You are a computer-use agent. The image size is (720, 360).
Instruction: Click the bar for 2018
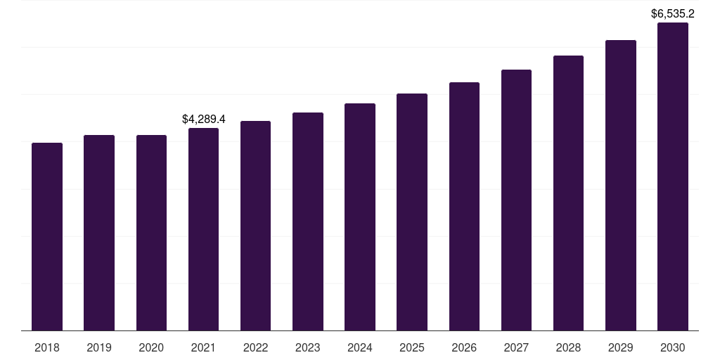(47, 236)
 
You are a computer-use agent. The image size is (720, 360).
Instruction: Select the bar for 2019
(99, 233)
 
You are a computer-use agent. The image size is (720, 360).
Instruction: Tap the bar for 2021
(203, 229)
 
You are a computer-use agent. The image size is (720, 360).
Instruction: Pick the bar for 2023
(308, 221)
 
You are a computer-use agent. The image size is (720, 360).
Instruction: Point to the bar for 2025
(412, 212)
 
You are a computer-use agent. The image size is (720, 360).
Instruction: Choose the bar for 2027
(516, 200)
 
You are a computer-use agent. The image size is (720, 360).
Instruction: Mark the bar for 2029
(621, 185)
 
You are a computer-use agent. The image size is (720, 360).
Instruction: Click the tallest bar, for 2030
(673, 176)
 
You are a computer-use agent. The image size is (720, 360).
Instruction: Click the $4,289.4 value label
(203, 119)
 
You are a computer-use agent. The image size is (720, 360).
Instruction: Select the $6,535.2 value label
(673, 13)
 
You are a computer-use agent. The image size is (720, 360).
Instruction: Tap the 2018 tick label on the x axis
(47, 347)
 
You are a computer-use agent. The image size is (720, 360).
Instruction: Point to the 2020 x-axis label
(151, 347)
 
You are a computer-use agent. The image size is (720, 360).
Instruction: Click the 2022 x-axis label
(255, 347)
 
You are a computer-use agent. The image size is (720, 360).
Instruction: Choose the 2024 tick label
(360, 347)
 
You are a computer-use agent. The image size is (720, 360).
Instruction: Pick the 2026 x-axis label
(464, 347)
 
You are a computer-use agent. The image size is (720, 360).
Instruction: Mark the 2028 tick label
(568, 347)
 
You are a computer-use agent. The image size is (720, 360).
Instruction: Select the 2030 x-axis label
(673, 347)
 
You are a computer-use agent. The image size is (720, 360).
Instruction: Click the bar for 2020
(151, 233)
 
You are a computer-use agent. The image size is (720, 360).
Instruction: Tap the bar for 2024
(360, 217)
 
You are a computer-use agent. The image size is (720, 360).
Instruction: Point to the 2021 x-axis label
(203, 347)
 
